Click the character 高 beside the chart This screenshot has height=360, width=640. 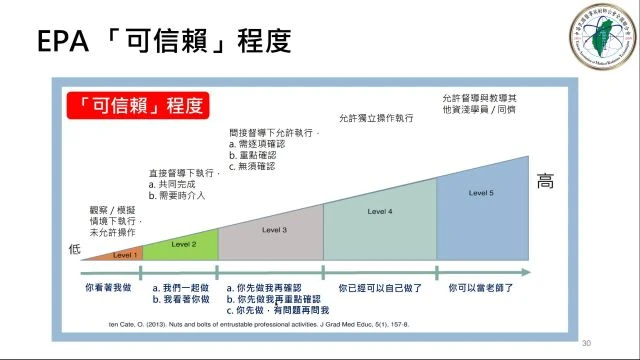[546, 182]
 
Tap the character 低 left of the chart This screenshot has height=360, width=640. [73, 248]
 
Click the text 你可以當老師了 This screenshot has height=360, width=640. [482, 287]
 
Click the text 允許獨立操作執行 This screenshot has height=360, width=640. [376, 118]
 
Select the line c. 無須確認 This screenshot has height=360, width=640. [251, 165]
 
